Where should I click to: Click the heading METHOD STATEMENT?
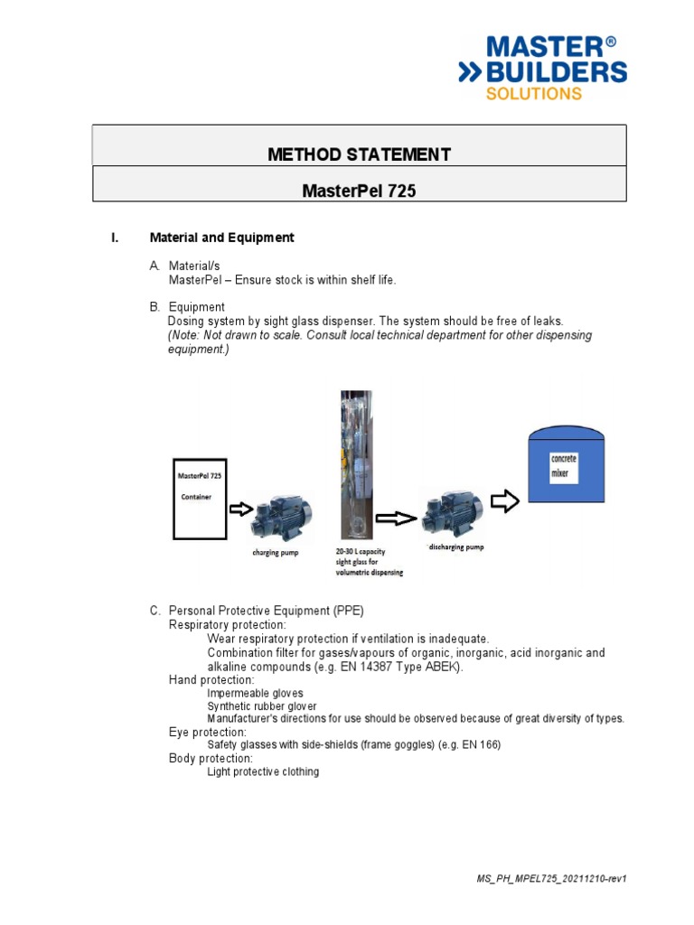click(359, 154)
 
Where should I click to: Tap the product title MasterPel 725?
click(359, 192)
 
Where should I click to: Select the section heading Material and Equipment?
click(221, 238)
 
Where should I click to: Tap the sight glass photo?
click(355, 464)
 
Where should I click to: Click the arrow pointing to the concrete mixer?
click(504, 502)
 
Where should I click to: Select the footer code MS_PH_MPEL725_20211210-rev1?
click(550, 879)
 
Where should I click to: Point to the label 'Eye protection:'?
click(208, 732)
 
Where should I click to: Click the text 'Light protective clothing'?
click(263, 772)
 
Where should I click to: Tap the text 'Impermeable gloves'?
click(256, 693)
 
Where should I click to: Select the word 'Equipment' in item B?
click(197, 307)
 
